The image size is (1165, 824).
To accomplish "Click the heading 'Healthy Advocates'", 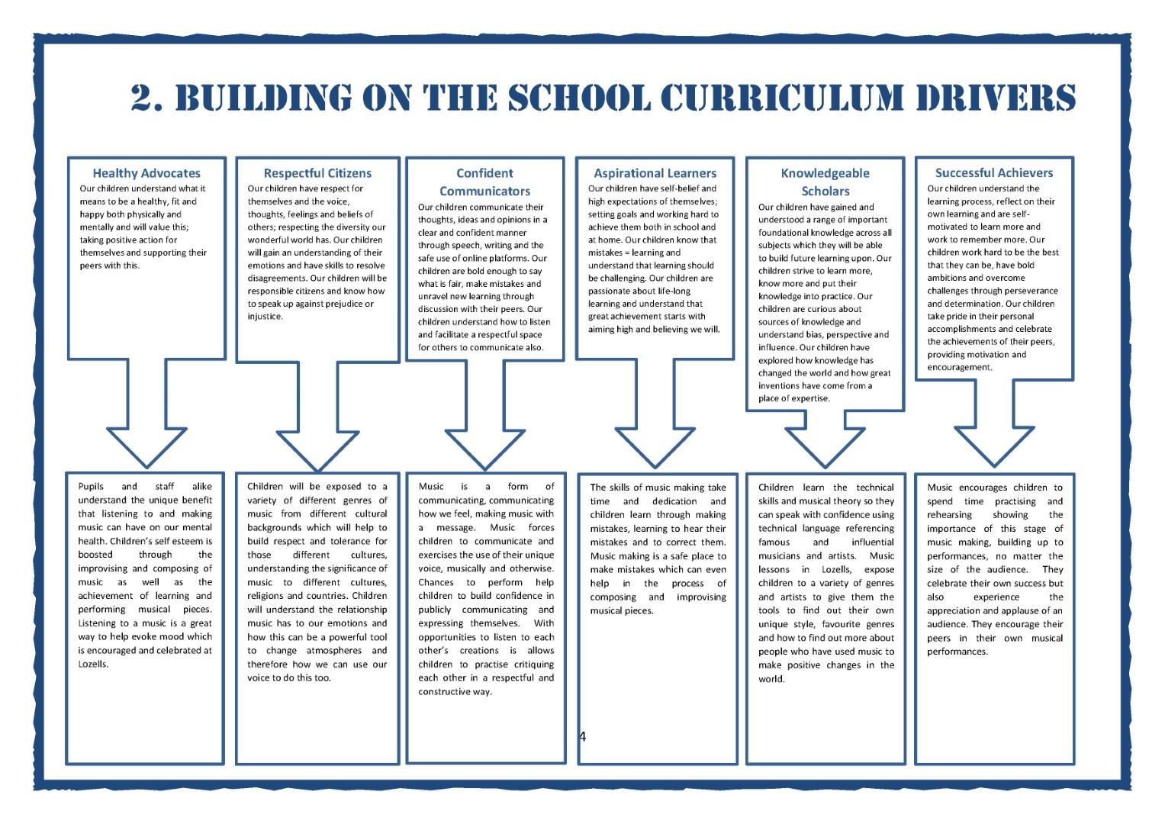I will point(146,173).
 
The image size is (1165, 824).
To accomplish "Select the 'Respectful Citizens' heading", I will point(317,173).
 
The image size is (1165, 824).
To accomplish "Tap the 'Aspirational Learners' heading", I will point(655,173).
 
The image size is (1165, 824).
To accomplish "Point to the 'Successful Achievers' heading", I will point(993,173).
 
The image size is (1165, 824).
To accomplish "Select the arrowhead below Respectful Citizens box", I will point(317,449).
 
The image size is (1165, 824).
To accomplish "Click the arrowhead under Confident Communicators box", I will point(485,449).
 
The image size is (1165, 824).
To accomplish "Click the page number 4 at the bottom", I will point(583,736).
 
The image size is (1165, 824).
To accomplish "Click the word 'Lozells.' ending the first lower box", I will point(93,664).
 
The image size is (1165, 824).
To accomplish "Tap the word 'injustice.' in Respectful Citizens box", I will point(265,316).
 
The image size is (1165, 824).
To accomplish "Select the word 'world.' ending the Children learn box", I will point(771,678).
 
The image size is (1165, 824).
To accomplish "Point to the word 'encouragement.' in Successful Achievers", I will point(960,367).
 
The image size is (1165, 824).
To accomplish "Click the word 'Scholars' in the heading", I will point(825,191).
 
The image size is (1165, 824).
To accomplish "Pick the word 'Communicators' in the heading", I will point(484,191).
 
